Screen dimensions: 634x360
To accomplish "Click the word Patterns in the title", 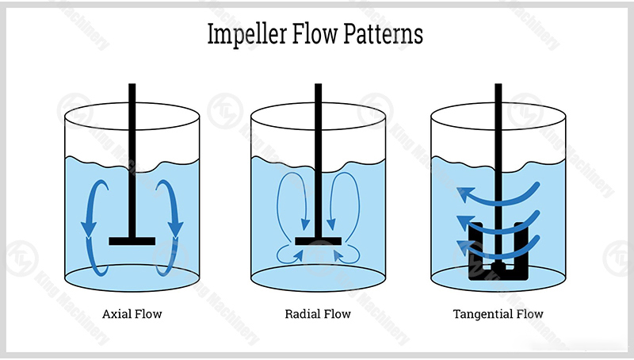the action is point(383,33).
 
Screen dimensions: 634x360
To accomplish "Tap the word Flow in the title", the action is point(315,33).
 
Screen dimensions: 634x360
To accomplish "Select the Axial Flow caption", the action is point(132,314).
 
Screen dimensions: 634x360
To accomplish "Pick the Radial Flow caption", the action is point(318,314).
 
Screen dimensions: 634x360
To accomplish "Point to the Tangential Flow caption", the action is point(498,314).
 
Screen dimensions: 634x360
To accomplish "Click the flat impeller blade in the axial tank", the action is point(132,241).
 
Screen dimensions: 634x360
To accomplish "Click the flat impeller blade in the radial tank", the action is point(319,241).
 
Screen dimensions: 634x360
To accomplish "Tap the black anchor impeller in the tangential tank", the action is point(498,251).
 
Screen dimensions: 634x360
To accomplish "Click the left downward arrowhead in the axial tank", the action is point(89,229).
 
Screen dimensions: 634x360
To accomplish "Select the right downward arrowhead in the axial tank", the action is point(175,229).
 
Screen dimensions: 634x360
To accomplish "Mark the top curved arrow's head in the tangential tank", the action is point(465,193).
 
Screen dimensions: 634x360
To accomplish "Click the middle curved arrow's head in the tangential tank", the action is point(465,223).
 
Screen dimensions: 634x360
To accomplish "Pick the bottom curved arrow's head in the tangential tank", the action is point(465,247).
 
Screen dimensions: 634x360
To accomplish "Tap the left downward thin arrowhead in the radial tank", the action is point(305,224).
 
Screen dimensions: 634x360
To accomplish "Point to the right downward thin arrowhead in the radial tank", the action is point(331,224).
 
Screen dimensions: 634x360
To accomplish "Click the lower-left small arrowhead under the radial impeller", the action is point(299,255).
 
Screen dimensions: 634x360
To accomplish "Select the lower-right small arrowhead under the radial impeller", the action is point(338,255).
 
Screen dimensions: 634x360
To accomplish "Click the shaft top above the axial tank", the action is point(132,84).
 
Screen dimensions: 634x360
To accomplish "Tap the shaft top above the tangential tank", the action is point(498,84).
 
